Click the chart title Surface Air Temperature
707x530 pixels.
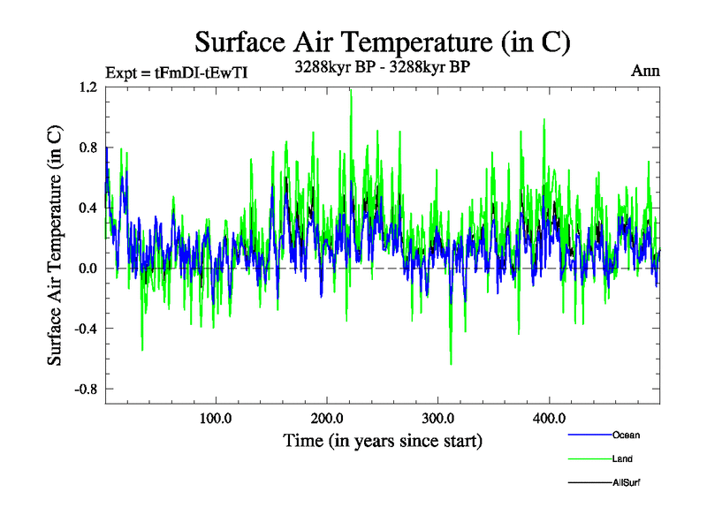tap(383, 42)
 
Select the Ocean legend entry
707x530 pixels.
tap(626, 435)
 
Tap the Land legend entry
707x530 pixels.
tap(621, 458)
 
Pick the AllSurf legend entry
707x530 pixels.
tap(626, 482)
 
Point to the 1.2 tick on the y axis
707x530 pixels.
tap(87, 87)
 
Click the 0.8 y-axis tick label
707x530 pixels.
tap(87, 148)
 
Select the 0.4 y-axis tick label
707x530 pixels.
tap(87, 208)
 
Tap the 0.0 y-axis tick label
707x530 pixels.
tap(87, 268)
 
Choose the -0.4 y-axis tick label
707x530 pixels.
tap(86, 328)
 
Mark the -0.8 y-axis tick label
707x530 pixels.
tap(86, 389)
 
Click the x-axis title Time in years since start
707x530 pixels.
tap(383, 439)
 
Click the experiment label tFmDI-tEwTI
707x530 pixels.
tap(176, 72)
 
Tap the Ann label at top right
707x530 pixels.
tap(645, 71)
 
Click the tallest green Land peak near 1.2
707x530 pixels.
tap(351, 92)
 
